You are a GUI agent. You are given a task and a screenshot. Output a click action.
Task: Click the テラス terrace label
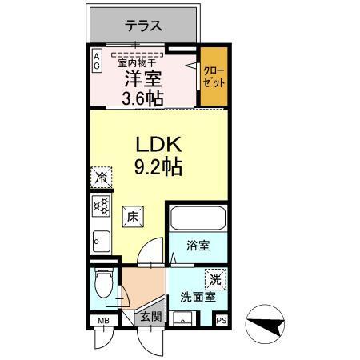coord(144,26)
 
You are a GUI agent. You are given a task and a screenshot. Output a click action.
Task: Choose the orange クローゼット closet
coord(212,78)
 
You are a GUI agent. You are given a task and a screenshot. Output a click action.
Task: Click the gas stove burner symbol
coord(101,206)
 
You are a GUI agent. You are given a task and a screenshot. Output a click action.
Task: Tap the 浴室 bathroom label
coord(199,246)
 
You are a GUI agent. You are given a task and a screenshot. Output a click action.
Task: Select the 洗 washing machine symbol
coord(215,280)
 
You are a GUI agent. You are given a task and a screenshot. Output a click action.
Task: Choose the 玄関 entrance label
coord(152,318)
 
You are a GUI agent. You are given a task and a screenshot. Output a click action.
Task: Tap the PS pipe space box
coord(221,322)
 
